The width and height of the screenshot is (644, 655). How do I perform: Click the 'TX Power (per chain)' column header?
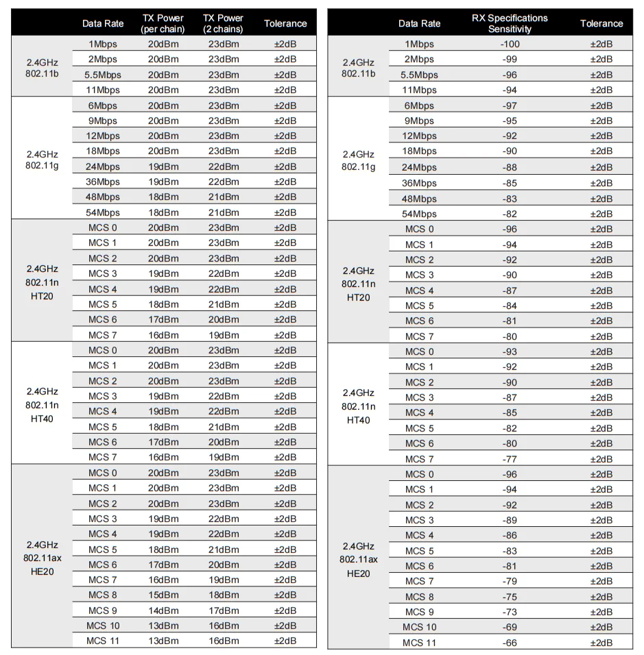163,23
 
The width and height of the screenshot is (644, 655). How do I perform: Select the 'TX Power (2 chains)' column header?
224,23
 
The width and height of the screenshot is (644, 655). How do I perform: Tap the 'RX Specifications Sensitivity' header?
510,23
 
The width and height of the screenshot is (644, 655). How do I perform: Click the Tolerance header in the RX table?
601,23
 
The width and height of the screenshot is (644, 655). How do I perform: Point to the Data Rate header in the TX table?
103,23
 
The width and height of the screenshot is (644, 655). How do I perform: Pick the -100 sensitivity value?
510,44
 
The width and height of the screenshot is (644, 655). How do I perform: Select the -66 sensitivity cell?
510,643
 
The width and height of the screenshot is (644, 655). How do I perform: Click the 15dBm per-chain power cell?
163,595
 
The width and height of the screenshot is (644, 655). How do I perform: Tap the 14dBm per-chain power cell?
163,610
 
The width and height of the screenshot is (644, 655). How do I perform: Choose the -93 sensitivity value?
510,351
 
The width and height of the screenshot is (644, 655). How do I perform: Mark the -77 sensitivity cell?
510,459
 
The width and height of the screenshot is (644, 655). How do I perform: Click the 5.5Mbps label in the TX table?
103,75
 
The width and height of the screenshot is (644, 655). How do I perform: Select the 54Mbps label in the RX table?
419,214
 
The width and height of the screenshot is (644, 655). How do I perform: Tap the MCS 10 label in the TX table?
103,626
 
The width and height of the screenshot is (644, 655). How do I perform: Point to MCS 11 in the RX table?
419,643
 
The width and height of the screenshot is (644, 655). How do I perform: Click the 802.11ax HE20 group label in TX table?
42,558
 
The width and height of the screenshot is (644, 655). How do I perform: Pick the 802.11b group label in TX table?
42,67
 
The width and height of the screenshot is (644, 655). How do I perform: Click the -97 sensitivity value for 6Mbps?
510,106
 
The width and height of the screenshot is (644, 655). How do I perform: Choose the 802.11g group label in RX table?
358,160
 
